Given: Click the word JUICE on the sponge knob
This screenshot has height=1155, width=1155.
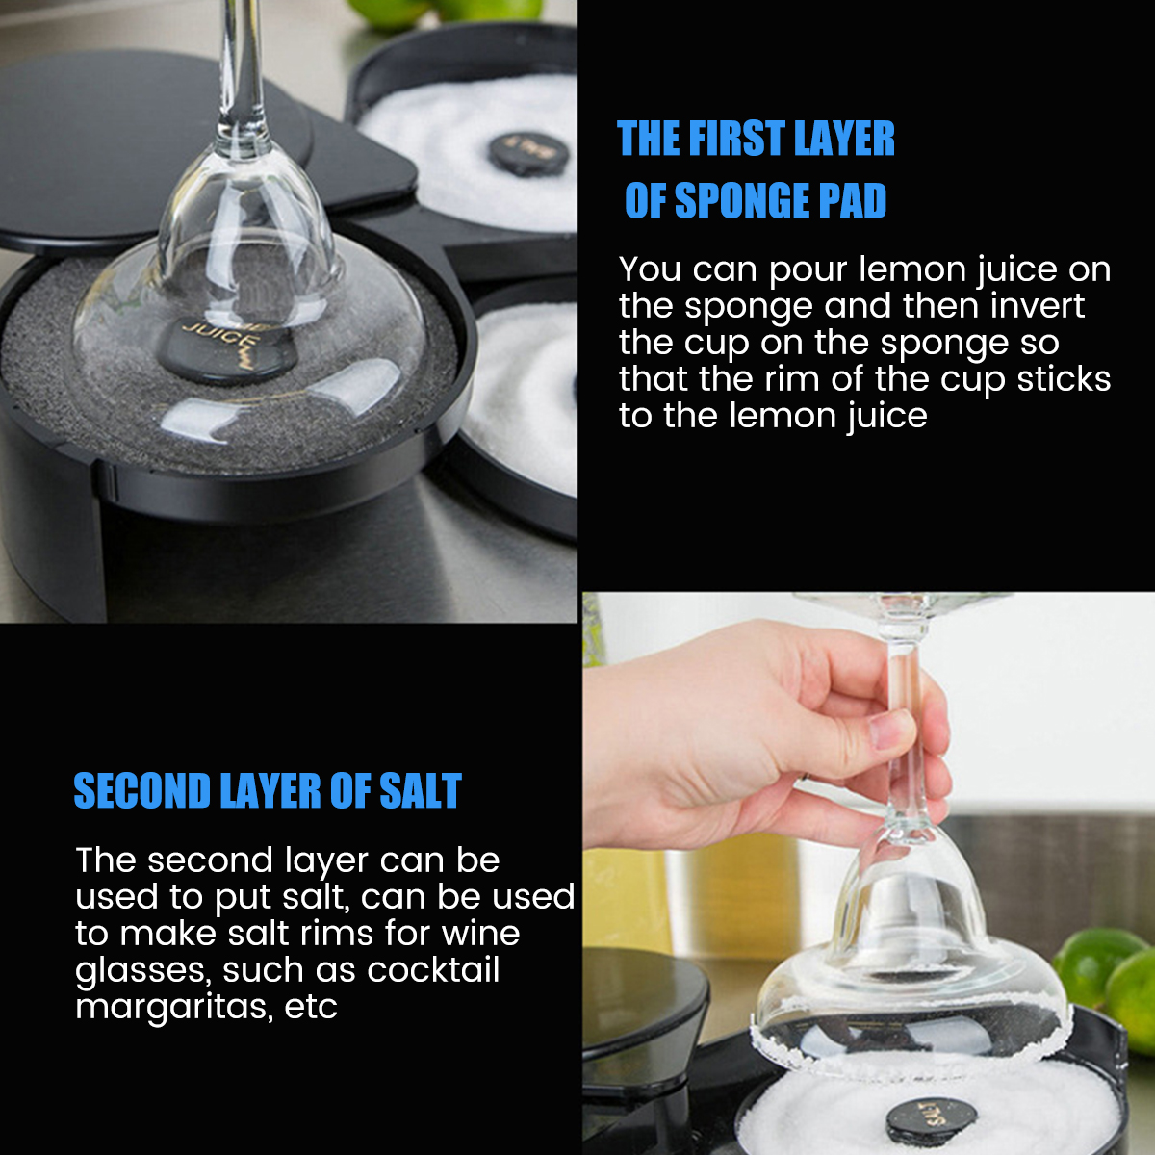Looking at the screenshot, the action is pos(221,340).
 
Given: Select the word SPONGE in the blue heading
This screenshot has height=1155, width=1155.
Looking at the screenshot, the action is pos(743,200).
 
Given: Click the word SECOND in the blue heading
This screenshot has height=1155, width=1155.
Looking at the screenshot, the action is pos(142,790).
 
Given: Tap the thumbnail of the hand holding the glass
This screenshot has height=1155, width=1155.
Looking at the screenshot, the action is pos(868,873).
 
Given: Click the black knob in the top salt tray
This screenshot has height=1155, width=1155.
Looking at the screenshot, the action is pos(528,153).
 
